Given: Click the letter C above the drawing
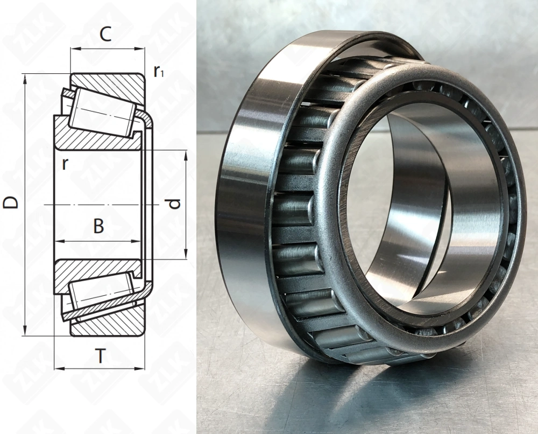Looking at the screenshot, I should [x=106, y=35].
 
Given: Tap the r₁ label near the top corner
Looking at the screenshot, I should [x=159, y=71].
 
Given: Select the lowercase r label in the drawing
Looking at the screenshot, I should [x=65, y=163].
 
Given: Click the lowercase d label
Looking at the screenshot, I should [x=172, y=204].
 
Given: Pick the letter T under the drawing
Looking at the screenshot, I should [x=100, y=356].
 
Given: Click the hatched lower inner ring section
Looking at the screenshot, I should [x=97, y=268].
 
